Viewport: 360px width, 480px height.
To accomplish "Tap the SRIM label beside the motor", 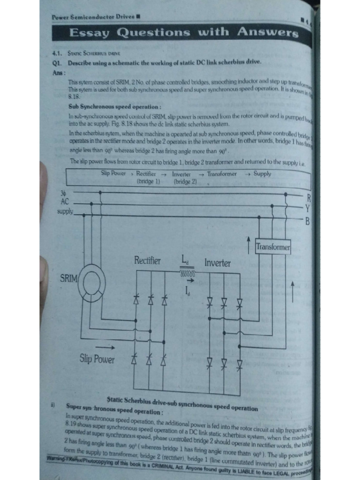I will click(69, 278).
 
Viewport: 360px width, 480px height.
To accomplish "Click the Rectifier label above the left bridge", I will click(147, 261).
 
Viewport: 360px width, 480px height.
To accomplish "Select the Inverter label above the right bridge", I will click(217, 262).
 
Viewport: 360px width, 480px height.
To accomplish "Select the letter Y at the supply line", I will click(307, 208).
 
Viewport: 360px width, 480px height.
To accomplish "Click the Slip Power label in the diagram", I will click(97, 360).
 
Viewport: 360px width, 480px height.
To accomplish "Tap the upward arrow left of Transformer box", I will click(248, 242).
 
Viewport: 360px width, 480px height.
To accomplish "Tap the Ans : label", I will click(59, 73).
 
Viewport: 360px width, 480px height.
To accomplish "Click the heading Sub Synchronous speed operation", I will click(115, 107).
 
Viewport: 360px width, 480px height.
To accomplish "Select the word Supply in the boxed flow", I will click(262, 174).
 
